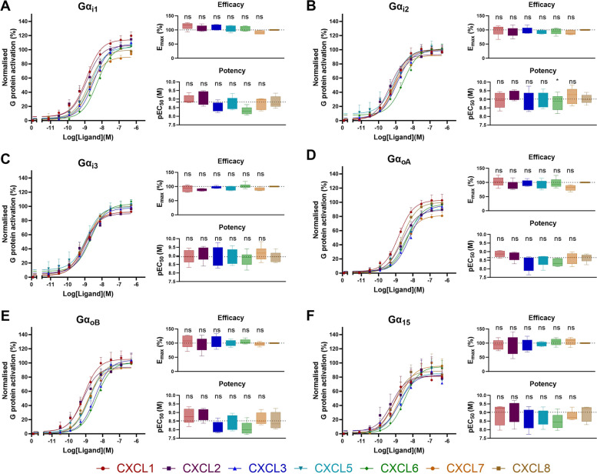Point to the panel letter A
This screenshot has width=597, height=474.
pos(6,6)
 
